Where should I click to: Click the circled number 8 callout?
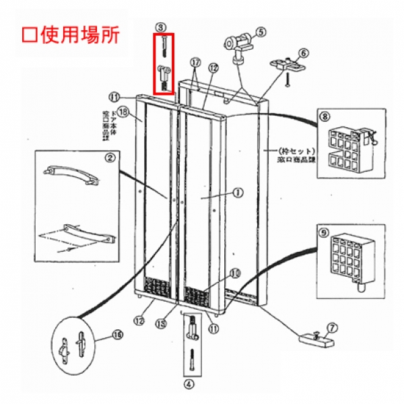point(325,116)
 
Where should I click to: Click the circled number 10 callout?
point(235,273)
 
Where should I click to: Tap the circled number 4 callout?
point(189,384)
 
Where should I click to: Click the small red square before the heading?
point(28,34)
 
